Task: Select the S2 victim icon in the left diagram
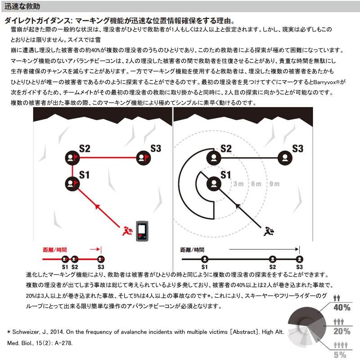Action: point(72,157)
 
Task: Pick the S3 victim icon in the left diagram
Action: point(143,157)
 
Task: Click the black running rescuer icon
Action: point(269,231)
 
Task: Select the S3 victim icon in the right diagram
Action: point(284,157)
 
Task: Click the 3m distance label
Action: point(238,184)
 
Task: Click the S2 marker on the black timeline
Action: point(272,259)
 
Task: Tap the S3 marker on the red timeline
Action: point(101,259)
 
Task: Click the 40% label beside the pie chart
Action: point(341,308)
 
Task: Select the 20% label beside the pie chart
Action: point(341,332)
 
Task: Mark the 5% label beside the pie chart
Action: point(341,355)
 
